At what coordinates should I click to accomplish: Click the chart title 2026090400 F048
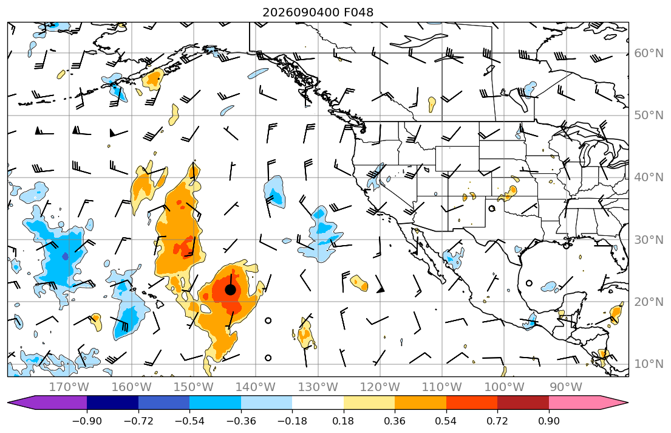318,12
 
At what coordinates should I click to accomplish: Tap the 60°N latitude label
649,53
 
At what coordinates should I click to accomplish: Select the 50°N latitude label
649,116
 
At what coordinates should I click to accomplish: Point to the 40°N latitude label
649,178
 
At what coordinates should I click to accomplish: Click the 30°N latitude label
649,240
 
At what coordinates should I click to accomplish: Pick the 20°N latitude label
649,302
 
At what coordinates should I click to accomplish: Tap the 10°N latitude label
649,364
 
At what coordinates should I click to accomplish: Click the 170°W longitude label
69,387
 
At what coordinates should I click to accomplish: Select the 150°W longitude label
194,387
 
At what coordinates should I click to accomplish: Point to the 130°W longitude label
318,387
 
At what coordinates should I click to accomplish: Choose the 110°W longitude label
442,387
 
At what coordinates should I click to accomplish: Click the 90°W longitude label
566,387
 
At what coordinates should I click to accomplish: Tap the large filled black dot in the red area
230,290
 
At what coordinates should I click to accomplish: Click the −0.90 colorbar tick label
87,421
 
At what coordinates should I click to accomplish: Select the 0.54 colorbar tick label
446,421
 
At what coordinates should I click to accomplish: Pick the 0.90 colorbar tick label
548,421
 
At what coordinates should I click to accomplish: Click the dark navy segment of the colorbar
112,403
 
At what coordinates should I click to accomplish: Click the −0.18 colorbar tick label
292,421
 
